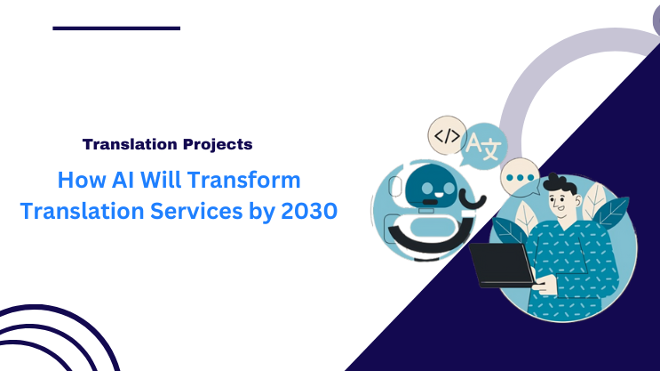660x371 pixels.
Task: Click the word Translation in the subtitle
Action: [x=122, y=143]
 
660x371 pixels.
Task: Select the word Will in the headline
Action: [x=158, y=181]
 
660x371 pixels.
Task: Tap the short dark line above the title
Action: [x=116, y=28]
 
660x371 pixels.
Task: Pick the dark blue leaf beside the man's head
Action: [x=614, y=214]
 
